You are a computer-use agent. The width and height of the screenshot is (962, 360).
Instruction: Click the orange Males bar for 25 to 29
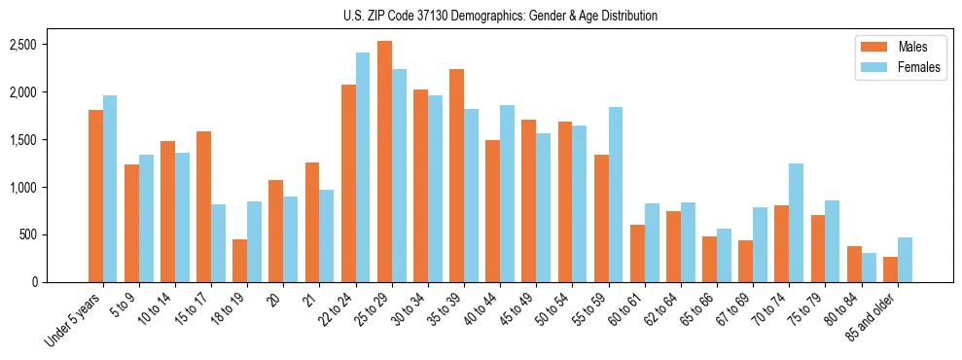(384, 162)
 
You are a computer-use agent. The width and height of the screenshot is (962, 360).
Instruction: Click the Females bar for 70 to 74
(796, 223)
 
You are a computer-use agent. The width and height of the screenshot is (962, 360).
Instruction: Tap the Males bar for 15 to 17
(203, 206)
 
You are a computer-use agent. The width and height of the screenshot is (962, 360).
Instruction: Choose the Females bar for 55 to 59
(615, 195)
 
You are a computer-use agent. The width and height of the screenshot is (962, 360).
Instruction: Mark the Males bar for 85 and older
(890, 270)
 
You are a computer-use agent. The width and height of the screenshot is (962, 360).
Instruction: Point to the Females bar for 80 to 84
(868, 268)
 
